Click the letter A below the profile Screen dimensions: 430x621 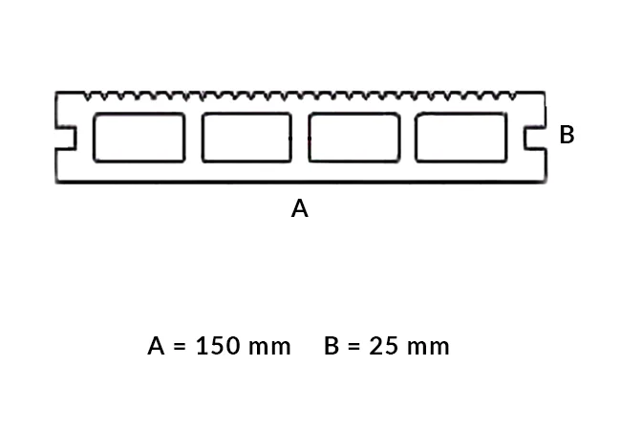(x=300, y=208)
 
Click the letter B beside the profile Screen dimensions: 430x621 (x=567, y=136)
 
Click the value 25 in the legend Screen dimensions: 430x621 (x=382, y=346)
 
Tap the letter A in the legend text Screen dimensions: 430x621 (x=158, y=346)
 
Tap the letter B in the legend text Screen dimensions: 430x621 (x=332, y=346)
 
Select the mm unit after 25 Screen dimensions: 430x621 (x=427, y=346)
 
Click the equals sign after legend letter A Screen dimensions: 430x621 (x=181, y=346)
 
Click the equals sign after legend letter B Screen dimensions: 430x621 (x=354, y=346)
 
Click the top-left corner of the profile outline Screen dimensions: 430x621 (x=56, y=93)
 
